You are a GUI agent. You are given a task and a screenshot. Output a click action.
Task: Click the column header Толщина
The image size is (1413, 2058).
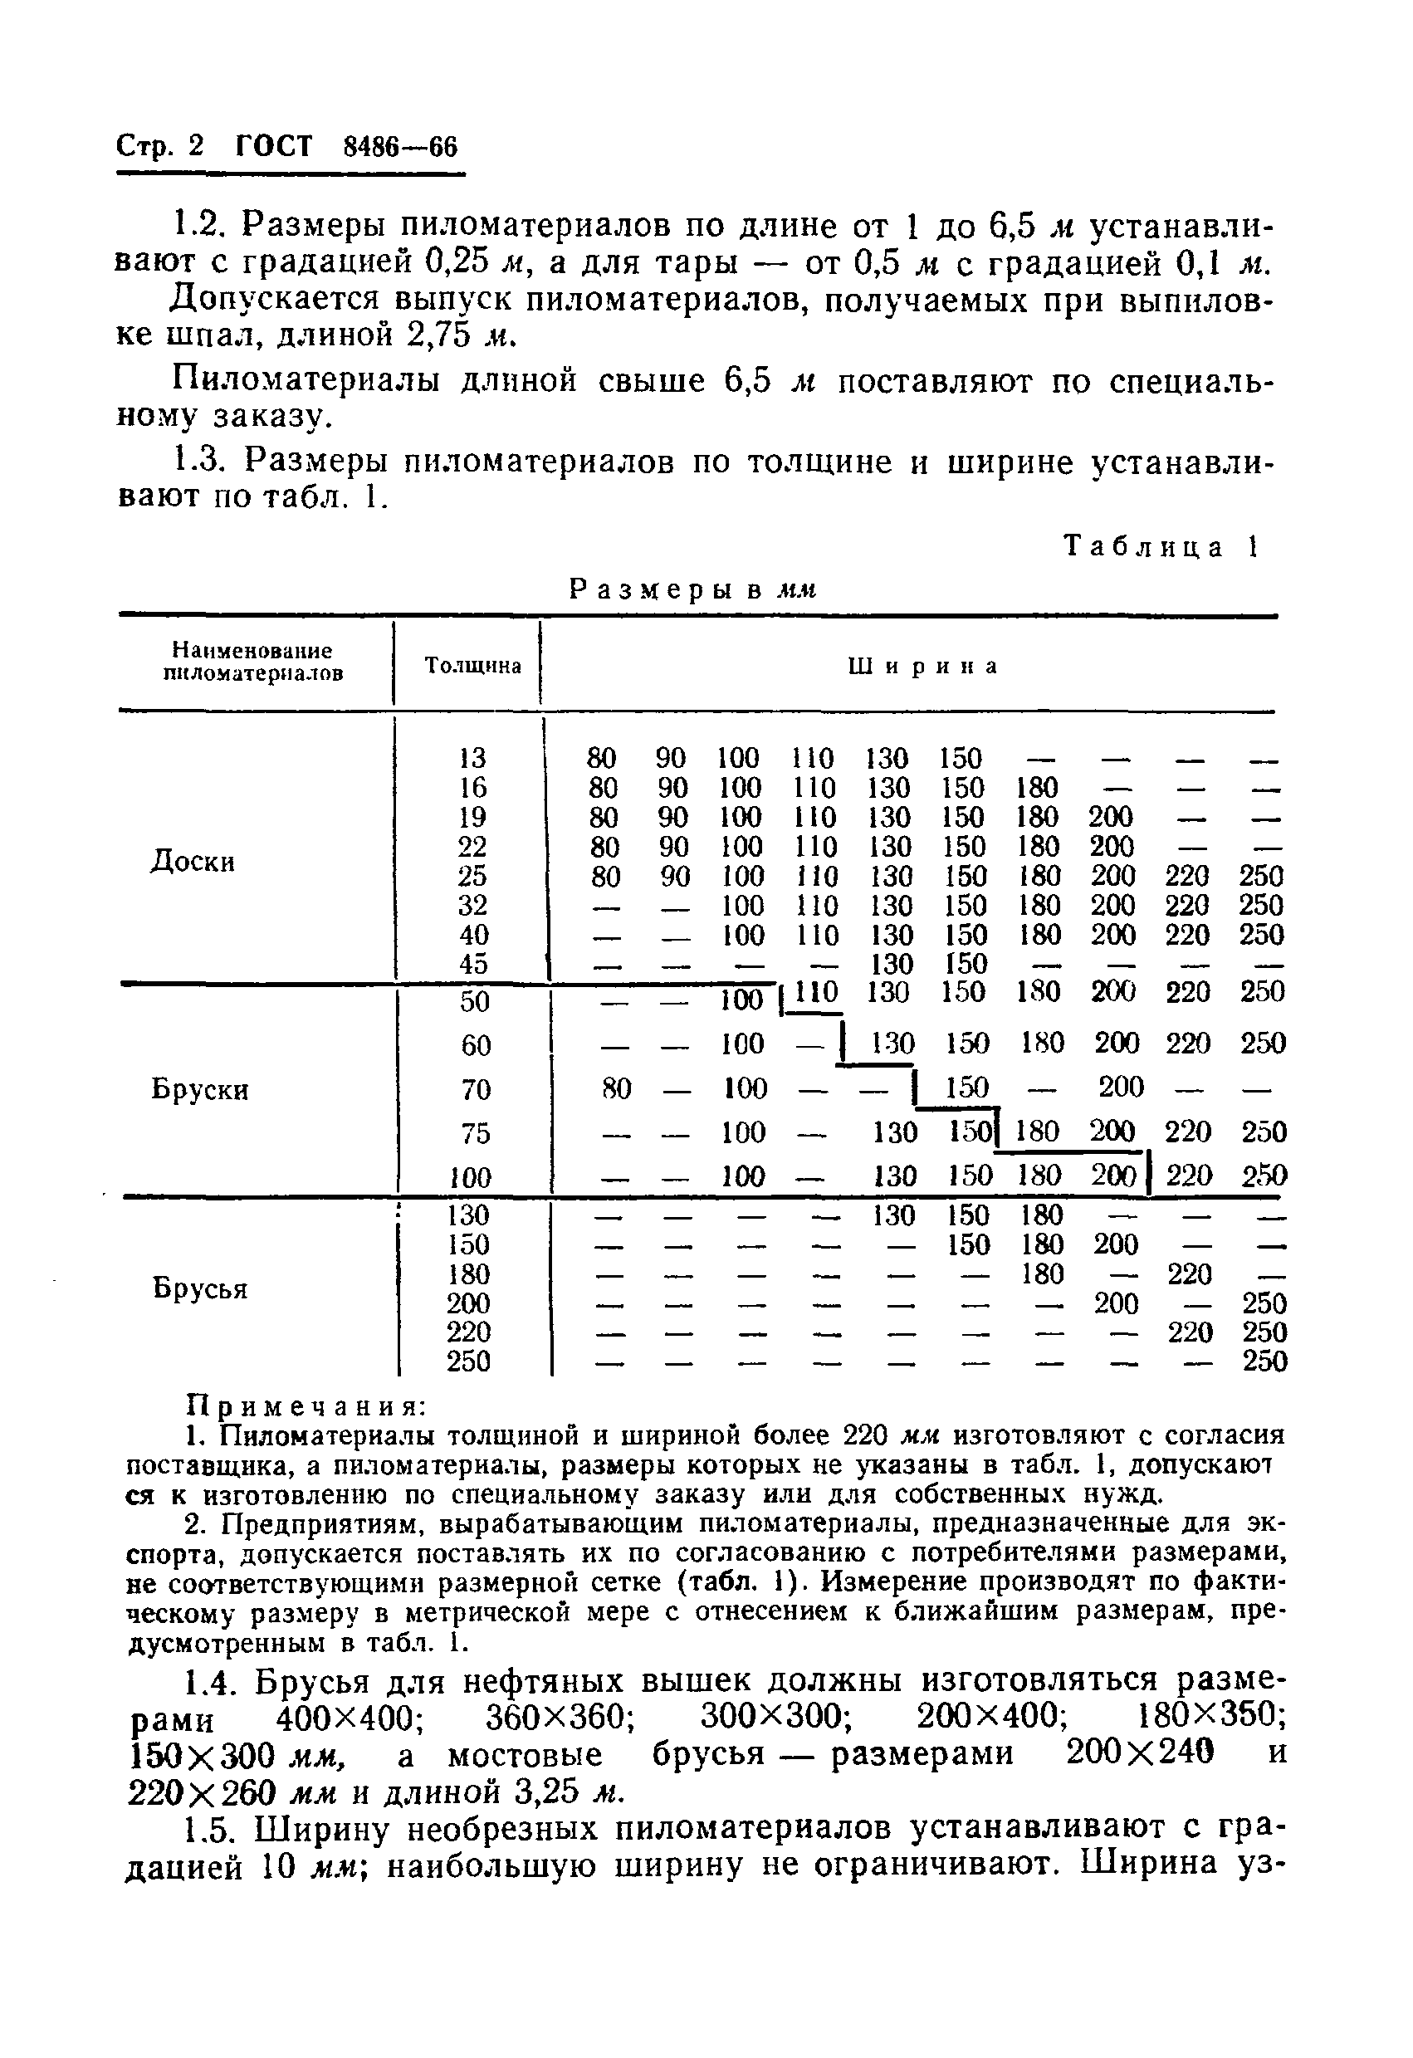point(472,665)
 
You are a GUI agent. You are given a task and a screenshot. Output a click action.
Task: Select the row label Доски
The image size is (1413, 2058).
point(192,861)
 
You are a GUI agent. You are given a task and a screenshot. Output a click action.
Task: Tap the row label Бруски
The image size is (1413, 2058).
point(200,1088)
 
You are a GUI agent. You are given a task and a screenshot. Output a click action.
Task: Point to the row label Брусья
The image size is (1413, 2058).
point(200,1287)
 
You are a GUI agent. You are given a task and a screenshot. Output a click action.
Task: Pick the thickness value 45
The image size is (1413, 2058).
point(474,964)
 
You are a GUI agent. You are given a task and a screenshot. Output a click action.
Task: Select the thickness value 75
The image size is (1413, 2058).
point(476,1133)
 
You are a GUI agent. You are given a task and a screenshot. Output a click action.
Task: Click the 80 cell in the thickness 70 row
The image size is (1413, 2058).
point(617,1088)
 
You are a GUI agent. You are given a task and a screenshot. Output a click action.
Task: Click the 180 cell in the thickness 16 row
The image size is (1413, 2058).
point(1037,787)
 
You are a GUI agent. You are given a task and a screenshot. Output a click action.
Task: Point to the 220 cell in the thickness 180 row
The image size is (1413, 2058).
point(1189,1274)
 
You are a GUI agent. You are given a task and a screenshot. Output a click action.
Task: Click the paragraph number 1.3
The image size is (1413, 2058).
point(199,462)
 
